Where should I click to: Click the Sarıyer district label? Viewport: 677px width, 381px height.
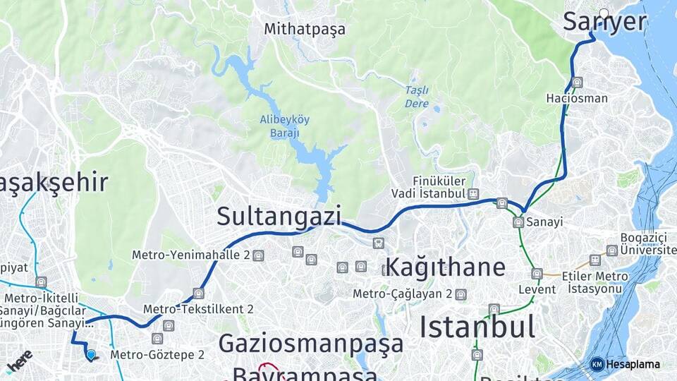tap(604, 22)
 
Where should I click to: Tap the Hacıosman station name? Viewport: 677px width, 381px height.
tap(576, 98)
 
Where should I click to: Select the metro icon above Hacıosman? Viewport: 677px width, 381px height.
tap(578, 82)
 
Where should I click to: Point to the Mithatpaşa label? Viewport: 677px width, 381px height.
tap(305, 29)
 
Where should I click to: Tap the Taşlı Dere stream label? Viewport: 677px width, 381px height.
tap(417, 97)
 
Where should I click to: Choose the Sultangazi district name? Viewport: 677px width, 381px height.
tap(279, 216)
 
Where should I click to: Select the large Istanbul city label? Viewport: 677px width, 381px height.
tap(477, 327)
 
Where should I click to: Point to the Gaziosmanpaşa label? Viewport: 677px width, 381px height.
tap(311, 344)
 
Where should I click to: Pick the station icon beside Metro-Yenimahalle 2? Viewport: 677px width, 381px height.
tap(259, 255)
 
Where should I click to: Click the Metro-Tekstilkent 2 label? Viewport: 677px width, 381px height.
tap(198, 309)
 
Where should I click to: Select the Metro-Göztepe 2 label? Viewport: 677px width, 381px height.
tap(157, 354)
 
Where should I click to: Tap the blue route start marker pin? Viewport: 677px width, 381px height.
tap(91, 354)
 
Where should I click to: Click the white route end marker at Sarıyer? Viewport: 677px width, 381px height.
tap(604, 13)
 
